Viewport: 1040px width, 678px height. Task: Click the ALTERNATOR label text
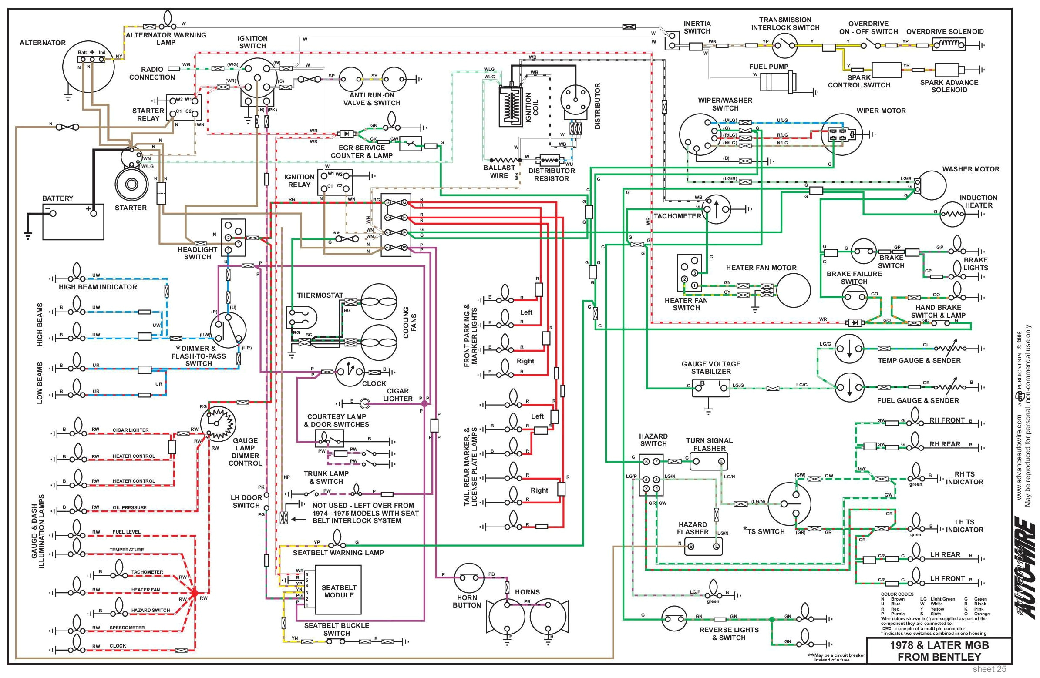pos(42,43)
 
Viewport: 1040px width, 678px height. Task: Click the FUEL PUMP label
pos(769,67)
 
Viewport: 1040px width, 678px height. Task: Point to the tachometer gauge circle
pos(716,209)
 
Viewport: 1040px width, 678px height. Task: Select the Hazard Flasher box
pos(703,546)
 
